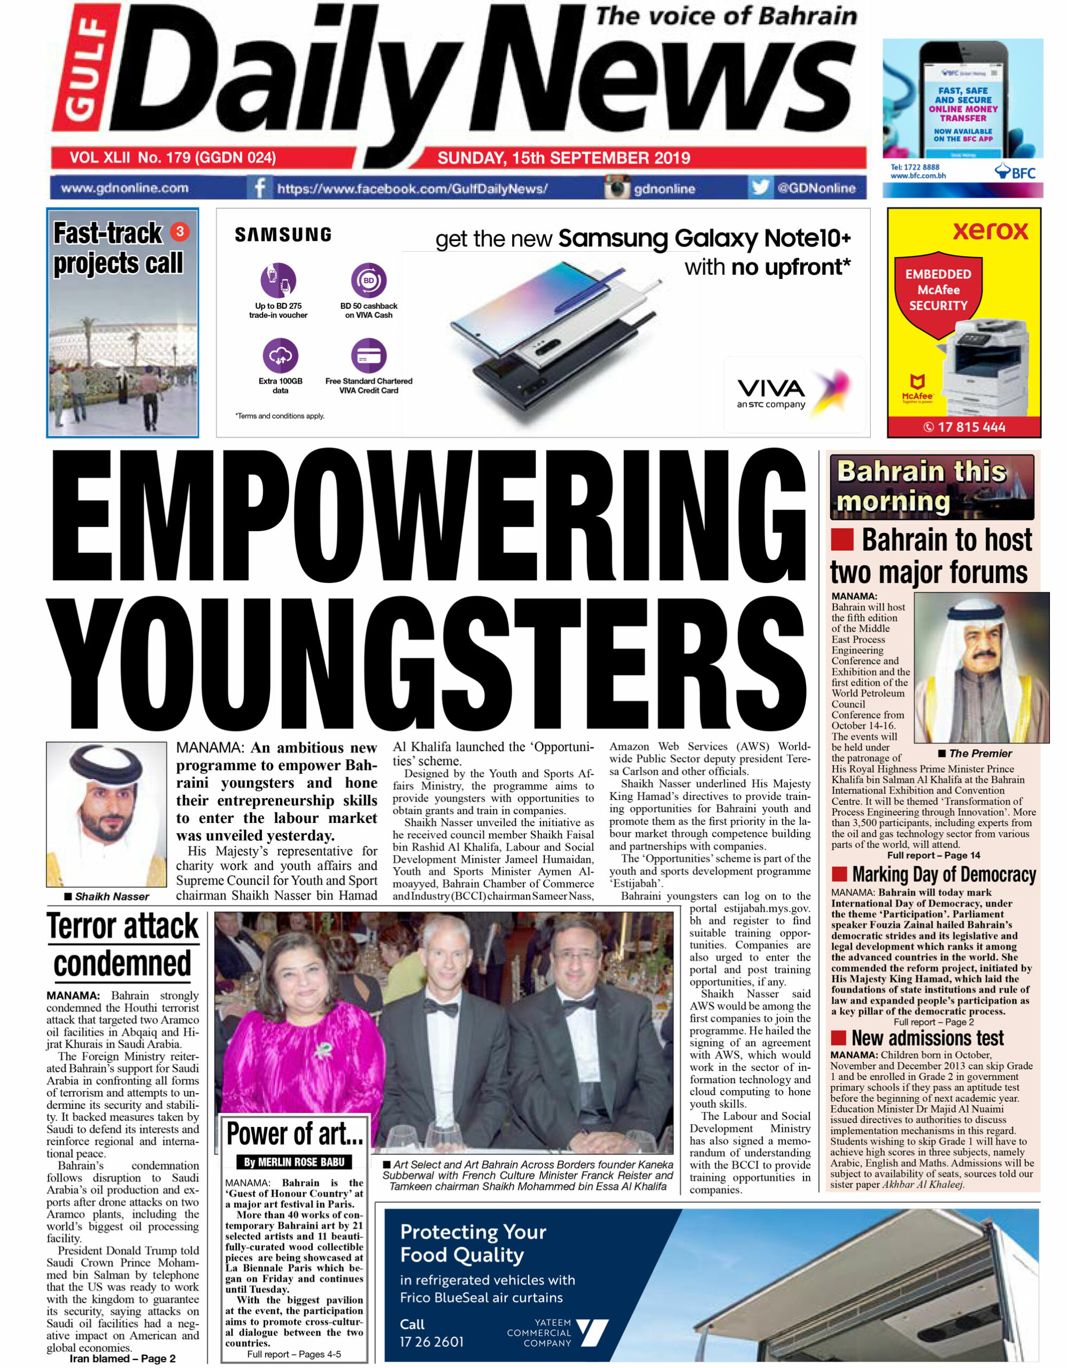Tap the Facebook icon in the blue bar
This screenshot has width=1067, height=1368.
click(x=258, y=187)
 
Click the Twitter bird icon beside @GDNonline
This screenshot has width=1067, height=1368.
click(x=760, y=187)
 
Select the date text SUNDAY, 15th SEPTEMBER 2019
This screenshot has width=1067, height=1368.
click(x=563, y=158)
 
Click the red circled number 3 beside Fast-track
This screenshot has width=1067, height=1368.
click(x=180, y=232)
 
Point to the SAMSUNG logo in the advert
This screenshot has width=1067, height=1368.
click(x=283, y=235)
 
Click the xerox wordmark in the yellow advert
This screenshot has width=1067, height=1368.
click(x=990, y=230)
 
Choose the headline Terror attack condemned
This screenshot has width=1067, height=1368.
click(x=123, y=946)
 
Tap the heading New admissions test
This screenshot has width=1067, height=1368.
click(x=927, y=1038)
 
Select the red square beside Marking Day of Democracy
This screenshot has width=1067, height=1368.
click(x=840, y=874)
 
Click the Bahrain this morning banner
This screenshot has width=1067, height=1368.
click(x=932, y=487)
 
